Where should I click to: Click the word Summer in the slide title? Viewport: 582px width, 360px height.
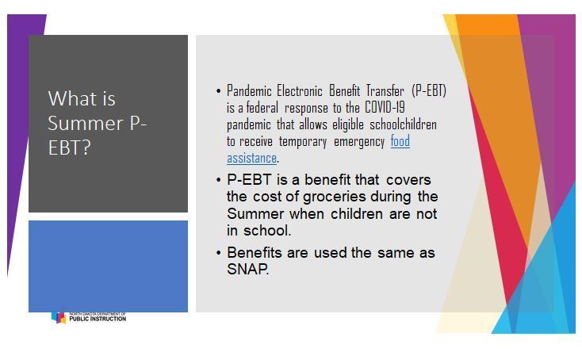pos(86,123)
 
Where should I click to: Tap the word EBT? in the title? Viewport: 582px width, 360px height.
pos(70,147)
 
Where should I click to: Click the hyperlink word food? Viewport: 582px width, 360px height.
pos(400,141)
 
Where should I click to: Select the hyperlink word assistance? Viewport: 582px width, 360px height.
pos(251,158)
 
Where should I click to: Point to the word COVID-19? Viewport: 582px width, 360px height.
pos(385,107)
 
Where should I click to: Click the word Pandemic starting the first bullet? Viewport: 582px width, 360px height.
pos(249,90)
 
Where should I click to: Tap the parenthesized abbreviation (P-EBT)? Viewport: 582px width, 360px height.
pos(429,90)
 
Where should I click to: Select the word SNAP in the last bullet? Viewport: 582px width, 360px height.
pos(247,269)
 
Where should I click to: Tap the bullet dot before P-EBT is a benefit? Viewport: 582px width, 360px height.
pos(218,180)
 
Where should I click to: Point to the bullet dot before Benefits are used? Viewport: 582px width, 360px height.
pos(218,253)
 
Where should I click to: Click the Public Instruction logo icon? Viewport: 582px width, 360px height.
pos(59,317)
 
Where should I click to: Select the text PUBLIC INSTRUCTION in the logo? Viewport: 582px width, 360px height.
pos(98,319)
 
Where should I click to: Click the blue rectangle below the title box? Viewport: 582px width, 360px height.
pos(108,266)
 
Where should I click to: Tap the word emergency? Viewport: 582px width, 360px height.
pos(359,141)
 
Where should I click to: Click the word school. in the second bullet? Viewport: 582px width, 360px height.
pos(267,231)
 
